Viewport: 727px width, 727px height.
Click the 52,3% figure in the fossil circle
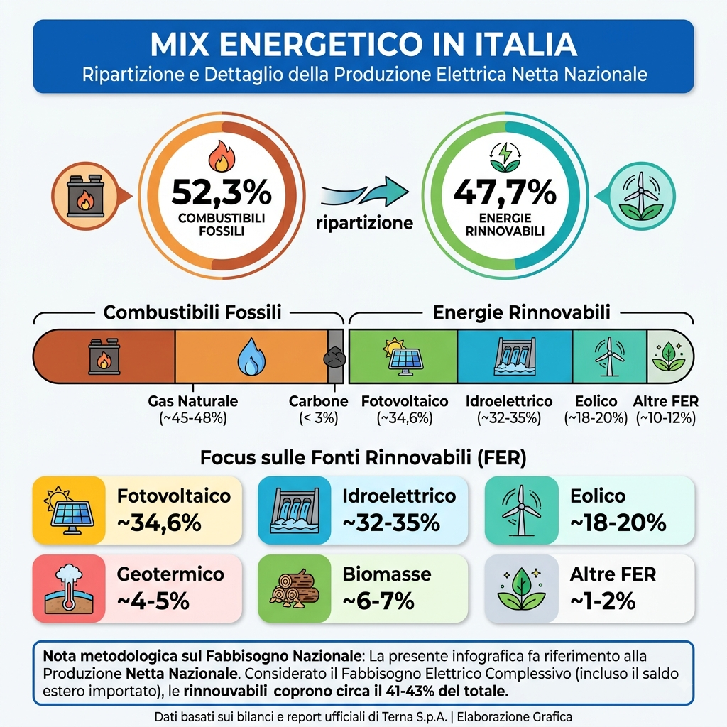click(x=222, y=192)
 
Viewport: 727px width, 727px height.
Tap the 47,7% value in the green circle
click(x=505, y=192)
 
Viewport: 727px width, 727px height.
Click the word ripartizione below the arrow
click(x=364, y=223)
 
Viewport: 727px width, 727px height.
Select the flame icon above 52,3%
click(x=222, y=156)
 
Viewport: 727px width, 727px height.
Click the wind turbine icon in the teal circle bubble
click(x=642, y=196)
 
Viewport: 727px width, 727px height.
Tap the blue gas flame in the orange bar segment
click(x=252, y=356)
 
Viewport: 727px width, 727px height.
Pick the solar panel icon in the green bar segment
click(x=403, y=356)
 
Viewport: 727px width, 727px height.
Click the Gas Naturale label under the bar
click(x=193, y=401)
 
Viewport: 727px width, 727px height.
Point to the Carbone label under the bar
click(x=319, y=401)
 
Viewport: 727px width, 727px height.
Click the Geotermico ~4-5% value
click(x=153, y=601)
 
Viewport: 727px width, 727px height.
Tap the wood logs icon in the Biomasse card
click(x=295, y=589)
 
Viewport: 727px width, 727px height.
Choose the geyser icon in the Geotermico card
click(x=69, y=589)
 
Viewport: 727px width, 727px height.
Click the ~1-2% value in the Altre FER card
click(x=603, y=601)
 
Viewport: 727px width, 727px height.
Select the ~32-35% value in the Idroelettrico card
click(x=391, y=523)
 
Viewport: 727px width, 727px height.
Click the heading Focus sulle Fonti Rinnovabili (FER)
click(x=363, y=458)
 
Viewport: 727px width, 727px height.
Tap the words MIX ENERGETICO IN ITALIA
click(x=363, y=44)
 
